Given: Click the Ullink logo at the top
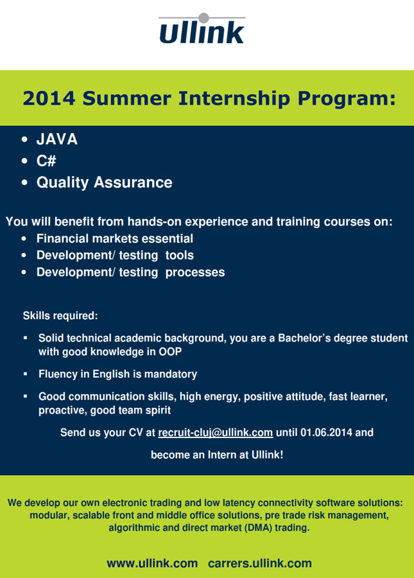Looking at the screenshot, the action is (202, 29).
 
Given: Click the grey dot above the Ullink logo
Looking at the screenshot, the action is (203, 18).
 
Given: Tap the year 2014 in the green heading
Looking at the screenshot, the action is (49, 98).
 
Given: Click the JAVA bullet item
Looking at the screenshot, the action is (57, 139).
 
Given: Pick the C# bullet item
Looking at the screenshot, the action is (46, 161).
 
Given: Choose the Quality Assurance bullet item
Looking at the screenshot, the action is (104, 182).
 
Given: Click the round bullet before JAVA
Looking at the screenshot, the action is (24, 139).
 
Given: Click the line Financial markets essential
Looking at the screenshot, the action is (114, 238).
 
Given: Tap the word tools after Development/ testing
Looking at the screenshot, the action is (179, 255).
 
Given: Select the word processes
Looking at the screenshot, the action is (195, 272).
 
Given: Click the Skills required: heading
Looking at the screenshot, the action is (60, 316).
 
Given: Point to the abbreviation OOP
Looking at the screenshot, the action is (170, 352).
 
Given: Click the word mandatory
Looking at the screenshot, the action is (171, 374).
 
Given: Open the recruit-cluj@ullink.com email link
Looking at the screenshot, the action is (216, 432).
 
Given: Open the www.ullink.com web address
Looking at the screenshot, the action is (152, 563).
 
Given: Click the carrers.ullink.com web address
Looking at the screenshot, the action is (260, 563).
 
